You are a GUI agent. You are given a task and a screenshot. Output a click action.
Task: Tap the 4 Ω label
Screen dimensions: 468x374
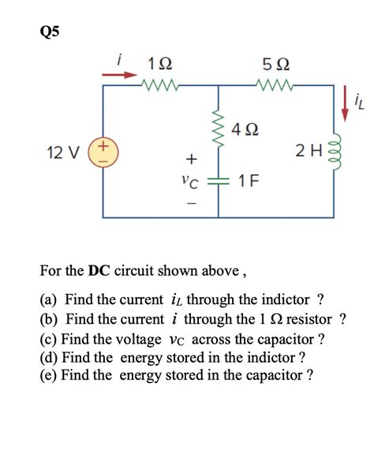[x=247, y=128]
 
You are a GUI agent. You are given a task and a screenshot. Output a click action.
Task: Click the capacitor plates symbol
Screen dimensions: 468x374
[x=219, y=180]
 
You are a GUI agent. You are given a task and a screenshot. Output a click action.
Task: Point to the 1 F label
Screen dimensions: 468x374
[x=246, y=181]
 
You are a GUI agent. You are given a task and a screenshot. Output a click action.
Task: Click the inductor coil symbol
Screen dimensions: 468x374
[x=342, y=151]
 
